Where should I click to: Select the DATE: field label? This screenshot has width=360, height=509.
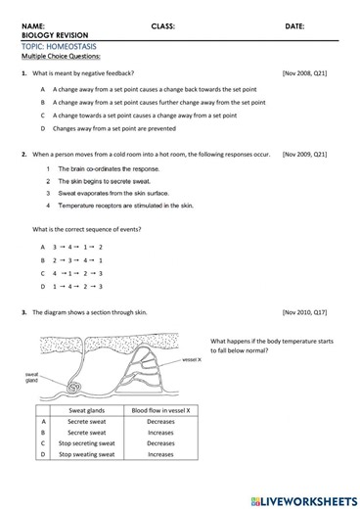[294, 25]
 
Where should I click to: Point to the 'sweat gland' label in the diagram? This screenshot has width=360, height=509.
[31, 377]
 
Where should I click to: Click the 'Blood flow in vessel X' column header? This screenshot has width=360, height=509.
[160, 410]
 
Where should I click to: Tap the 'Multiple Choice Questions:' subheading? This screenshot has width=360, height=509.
[67, 57]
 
